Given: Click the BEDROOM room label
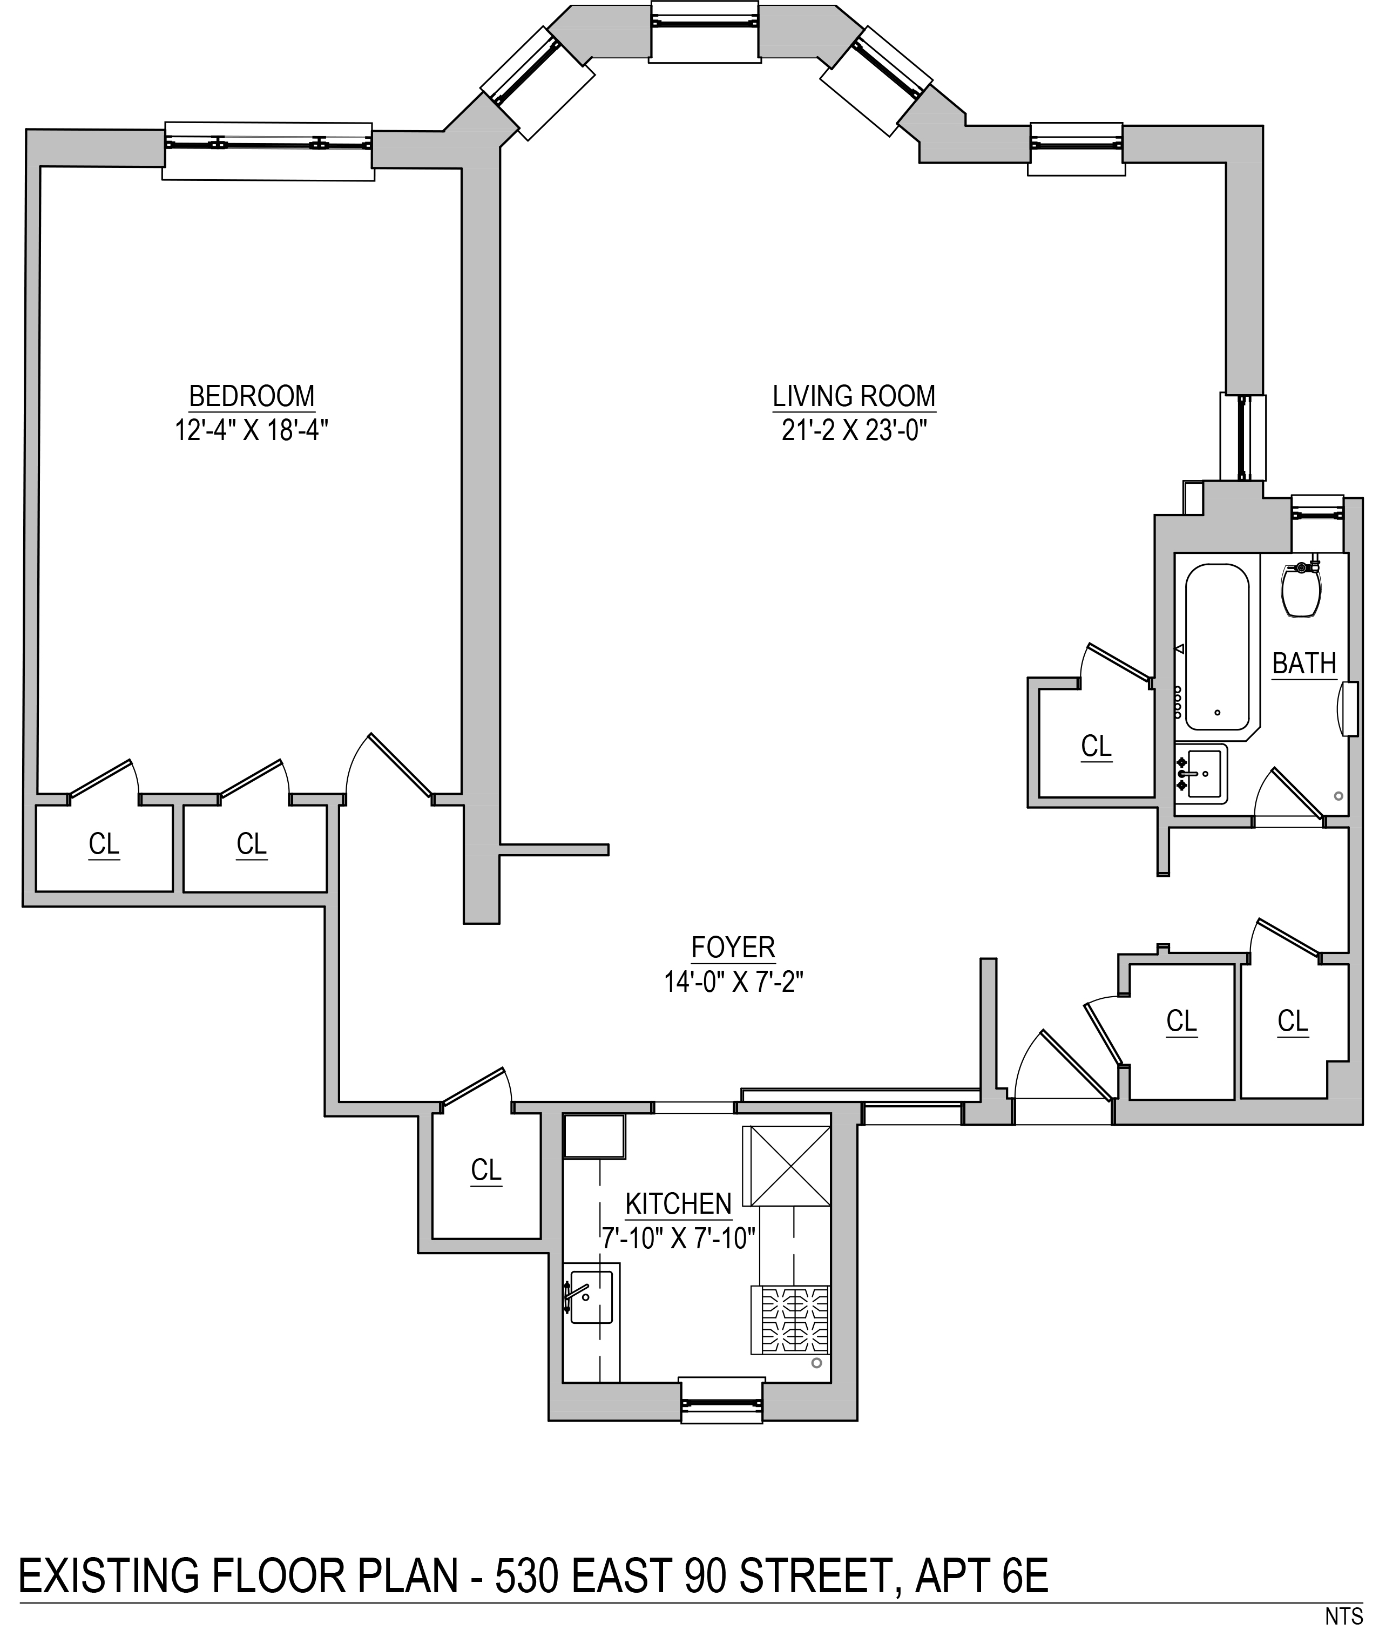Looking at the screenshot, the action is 252,396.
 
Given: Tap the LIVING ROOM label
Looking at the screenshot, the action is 854,396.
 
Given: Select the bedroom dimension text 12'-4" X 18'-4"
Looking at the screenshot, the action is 252,430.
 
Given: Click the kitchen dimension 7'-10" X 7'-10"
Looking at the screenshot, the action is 679,1239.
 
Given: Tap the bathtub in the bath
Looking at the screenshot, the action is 1217,646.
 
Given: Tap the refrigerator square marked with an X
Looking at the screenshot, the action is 790,1166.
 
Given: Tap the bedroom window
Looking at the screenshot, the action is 268,150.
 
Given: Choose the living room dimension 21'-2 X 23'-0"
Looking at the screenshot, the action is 854,430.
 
